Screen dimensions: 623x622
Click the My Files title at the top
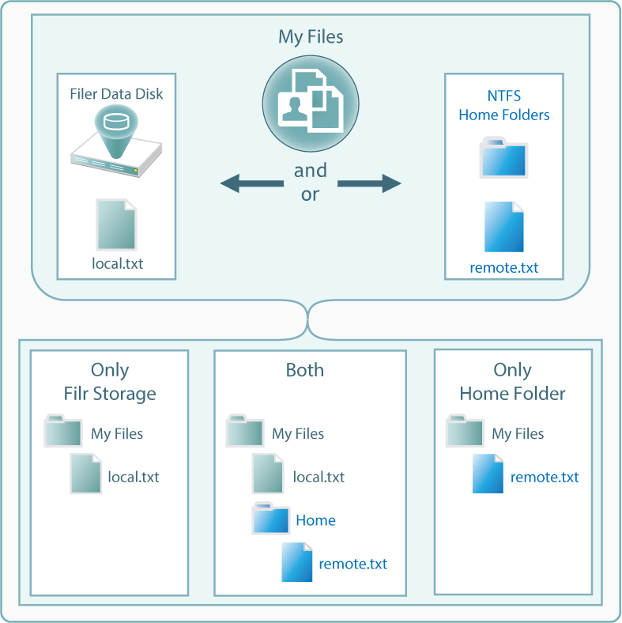(311, 36)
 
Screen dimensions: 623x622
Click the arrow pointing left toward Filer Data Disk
(251, 184)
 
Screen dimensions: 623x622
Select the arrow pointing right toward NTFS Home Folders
(369, 184)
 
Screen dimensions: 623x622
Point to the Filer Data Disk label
(115, 94)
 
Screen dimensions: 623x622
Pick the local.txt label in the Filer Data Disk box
(118, 263)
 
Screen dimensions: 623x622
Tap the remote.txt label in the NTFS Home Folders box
(504, 267)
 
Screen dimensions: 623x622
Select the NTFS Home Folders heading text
(504, 106)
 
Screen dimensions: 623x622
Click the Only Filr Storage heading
(110, 381)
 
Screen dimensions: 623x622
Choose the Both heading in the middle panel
(305, 370)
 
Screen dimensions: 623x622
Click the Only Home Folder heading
(512, 381)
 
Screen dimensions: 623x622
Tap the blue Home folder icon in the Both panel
(271, 519)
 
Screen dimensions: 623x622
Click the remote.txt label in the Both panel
(353, 564)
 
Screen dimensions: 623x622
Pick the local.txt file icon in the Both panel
(268, 474)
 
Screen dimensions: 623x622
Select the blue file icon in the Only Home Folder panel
(488, 474)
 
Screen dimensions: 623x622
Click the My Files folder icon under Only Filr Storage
(63, 431)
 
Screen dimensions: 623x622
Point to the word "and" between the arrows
(311, 170)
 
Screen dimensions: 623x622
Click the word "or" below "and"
(310, 194)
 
